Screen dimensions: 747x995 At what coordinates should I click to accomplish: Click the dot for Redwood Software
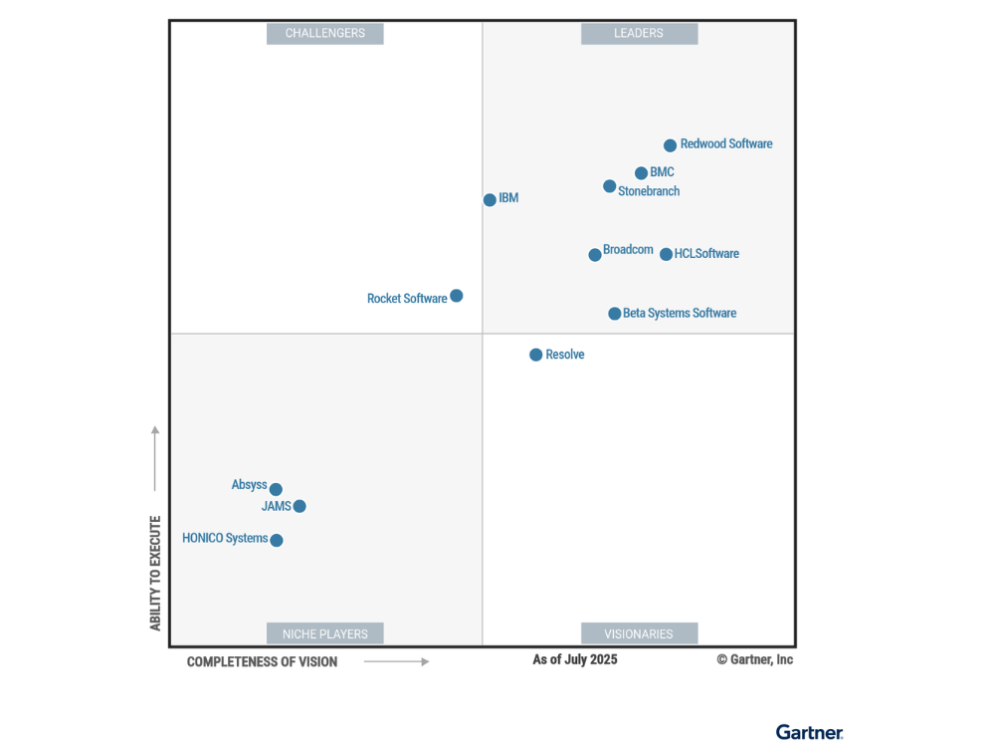click(x=671, y=145)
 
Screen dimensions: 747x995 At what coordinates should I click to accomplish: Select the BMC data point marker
click(x=642, y=173)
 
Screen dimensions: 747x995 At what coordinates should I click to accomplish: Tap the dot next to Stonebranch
click(x=610, y=186)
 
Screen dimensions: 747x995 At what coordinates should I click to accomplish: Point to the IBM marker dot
click(x=490, y=200)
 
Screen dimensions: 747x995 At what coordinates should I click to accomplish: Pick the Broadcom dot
click(x=595, y=255)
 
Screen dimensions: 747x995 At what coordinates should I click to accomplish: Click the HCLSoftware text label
click(x=706, y=254)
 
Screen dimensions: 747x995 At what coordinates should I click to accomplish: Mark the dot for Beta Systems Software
click(x=615, y=314)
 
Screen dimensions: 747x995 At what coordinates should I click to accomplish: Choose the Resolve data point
click(x=536, y=355)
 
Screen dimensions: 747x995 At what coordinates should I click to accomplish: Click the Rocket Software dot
click(x=457, y=296)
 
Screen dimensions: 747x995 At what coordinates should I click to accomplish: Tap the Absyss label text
click(x=249, y=485)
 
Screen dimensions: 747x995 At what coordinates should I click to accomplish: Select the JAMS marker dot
click(x=299, y=506)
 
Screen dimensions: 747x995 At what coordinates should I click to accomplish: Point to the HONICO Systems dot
click(x=277, y=541)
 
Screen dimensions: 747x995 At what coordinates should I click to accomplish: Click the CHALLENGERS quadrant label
click(x=325, y=34)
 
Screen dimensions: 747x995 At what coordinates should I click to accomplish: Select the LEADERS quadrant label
click(x=639, y=34)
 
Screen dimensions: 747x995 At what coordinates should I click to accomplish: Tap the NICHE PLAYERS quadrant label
click(x=325, y=633)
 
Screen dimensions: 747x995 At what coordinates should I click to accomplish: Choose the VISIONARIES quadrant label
click(x=639, y=633)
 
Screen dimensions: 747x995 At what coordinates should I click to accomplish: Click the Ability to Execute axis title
click(x=155, y=573)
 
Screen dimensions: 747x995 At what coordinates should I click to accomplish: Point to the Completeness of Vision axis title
click(x=262, y=662)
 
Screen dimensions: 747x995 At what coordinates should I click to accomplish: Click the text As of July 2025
click(x=575, y=659)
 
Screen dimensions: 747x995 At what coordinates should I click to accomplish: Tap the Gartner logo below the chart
click(x=809, y=732)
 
